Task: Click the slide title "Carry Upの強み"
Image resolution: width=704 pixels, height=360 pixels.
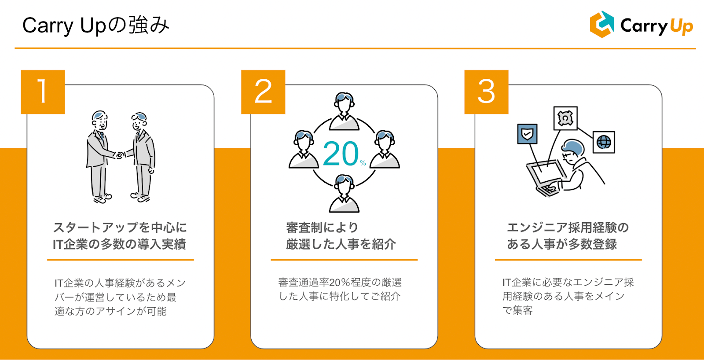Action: [95, 26]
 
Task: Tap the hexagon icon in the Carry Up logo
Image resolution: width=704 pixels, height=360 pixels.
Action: [601, 25]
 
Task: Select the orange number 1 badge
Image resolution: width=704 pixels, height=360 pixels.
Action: [43, 92]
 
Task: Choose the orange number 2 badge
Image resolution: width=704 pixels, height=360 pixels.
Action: [263, 92]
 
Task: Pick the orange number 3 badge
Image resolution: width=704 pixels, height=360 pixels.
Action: [486, 92]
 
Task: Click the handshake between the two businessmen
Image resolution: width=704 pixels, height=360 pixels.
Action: [119, 154]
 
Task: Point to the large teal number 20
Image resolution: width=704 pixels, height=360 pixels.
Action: [341, 154]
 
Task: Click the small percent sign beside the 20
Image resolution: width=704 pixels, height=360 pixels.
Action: [363, 163]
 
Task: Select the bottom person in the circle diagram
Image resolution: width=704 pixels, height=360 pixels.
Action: [344, 194]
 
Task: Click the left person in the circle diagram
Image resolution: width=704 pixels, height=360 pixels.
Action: [304, 150]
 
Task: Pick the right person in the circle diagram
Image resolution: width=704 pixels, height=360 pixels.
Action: [385, 150]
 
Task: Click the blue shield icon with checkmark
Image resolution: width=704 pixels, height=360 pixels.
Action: [527, 134]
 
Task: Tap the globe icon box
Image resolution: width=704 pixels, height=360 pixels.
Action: [604, 142]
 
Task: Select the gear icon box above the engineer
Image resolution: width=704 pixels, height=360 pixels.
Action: [565, 118]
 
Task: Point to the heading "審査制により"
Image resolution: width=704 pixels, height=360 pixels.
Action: [322, 228]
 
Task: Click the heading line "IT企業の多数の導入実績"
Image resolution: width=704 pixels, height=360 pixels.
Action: [119, 244]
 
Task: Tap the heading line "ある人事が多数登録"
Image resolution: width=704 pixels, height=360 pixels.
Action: [562, 244]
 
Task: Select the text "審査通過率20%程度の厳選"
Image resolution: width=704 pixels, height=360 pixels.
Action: [340, 282]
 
